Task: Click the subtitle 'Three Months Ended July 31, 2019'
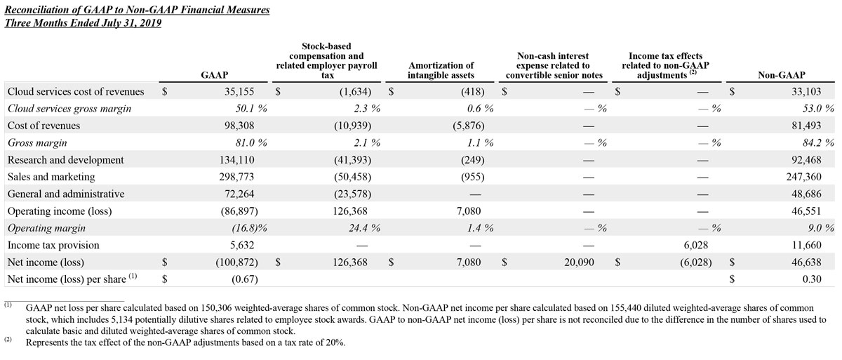83,22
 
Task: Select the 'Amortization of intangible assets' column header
441,69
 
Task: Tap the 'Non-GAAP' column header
781,74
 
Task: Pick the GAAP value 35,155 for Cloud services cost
245,91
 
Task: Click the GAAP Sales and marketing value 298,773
242,177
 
